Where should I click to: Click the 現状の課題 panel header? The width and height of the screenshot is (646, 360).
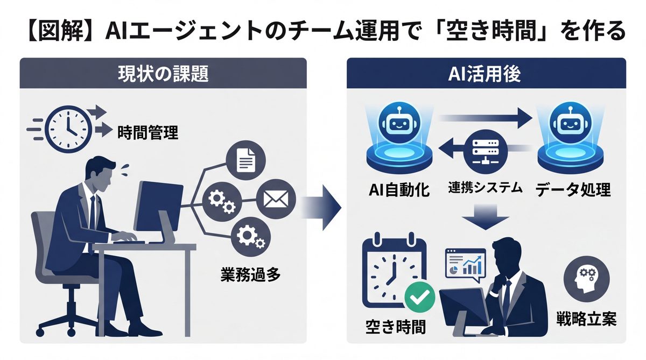click(x=163, y=74)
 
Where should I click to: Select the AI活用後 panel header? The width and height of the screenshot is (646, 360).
click(x=486, y=74)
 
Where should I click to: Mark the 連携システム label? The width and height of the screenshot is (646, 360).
click(x=485, y=188)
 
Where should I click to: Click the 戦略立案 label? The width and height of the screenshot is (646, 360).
click(x=586, y=319)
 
